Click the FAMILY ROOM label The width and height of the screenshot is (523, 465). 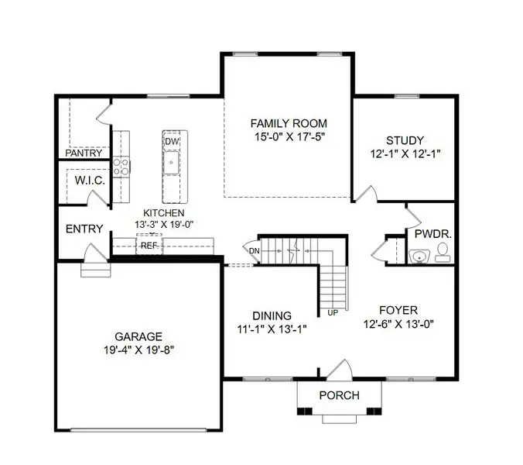pyautogui.click(x=289, y=123)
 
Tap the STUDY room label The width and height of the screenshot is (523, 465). pyautogui.click(x=405, y=140)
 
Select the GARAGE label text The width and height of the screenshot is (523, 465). pyautogui.click(x=138, y=336)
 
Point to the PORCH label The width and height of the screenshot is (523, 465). pyautogui.click(x=339, y=395)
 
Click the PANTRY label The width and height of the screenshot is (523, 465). pyautogui.click(x=84, y=153)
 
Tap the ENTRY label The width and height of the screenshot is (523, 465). pyautogui.click(x=84, y=229)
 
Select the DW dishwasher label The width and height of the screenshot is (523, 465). pyautogui.click(x=172, y=142)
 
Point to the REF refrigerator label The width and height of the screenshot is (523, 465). pyautogui.click(x=148, y=246)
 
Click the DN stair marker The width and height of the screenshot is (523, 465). pyautogui.click(x=254, y=250)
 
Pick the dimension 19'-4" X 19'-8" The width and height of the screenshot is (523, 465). pyautogui.click(x=138, y=350)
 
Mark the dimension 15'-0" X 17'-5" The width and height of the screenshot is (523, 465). pyautogui.click(x=289, y=137)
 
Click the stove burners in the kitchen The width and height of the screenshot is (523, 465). pyautogui.click(x=121, y=166)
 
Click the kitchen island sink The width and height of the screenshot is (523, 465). pyautogui.click(x=172, y=163)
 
